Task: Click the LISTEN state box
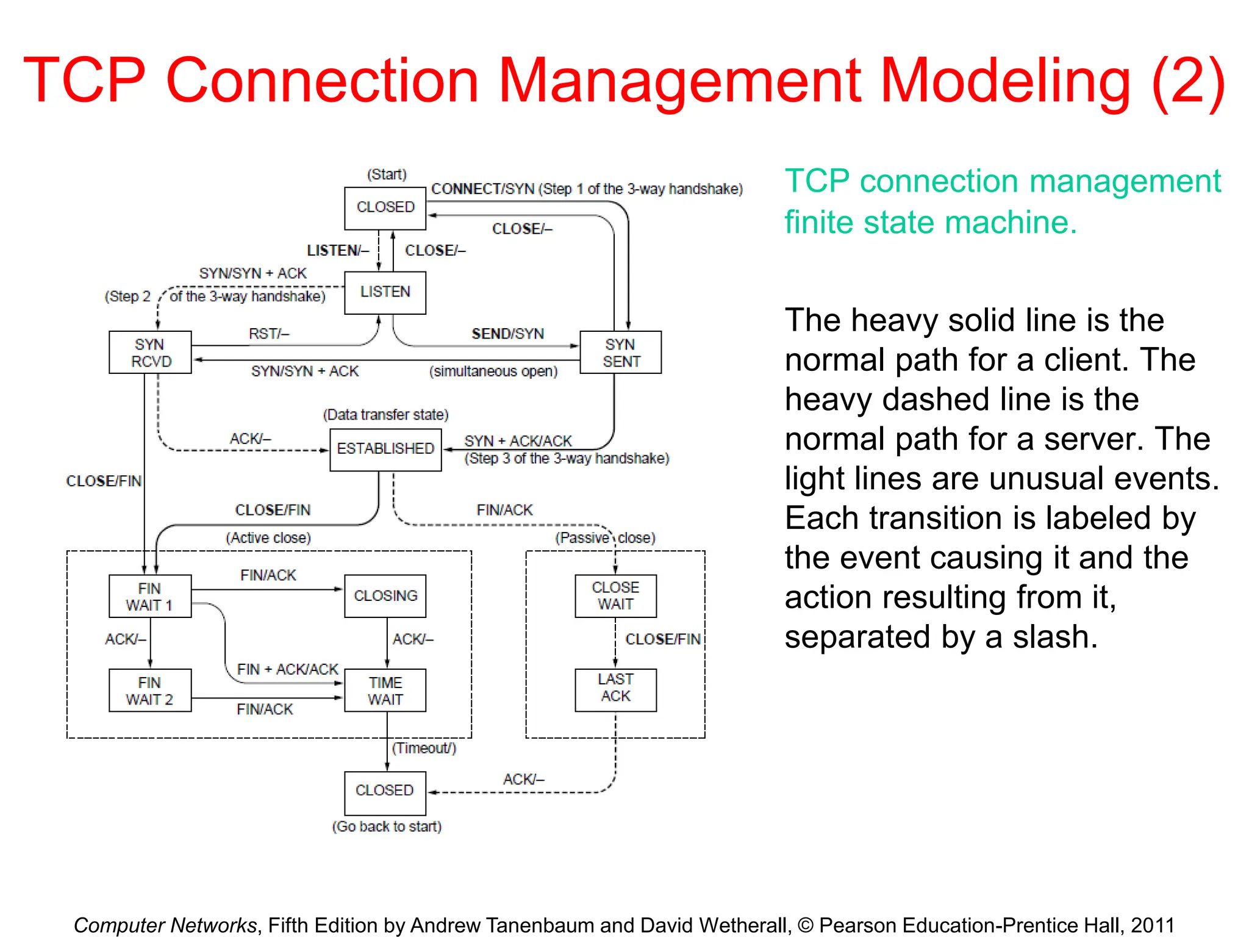[385, 292]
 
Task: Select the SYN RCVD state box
[150, 353]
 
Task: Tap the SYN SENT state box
[620, 353]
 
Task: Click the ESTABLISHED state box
[385, 449]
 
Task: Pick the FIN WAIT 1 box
[150, 597]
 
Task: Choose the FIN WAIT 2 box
[150, 691]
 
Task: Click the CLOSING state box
[385, 596]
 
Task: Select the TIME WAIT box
[385, 691]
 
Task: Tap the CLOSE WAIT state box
[615, 596]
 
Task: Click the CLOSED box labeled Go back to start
[385, 791]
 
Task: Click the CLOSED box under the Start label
[385, 207]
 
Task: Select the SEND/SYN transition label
[507, 334]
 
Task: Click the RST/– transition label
[269, 334]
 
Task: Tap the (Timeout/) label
[424, 748]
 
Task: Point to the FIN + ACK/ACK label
[287, 669]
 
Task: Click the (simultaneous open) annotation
[493, 372]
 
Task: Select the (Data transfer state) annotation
[385, 415]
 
